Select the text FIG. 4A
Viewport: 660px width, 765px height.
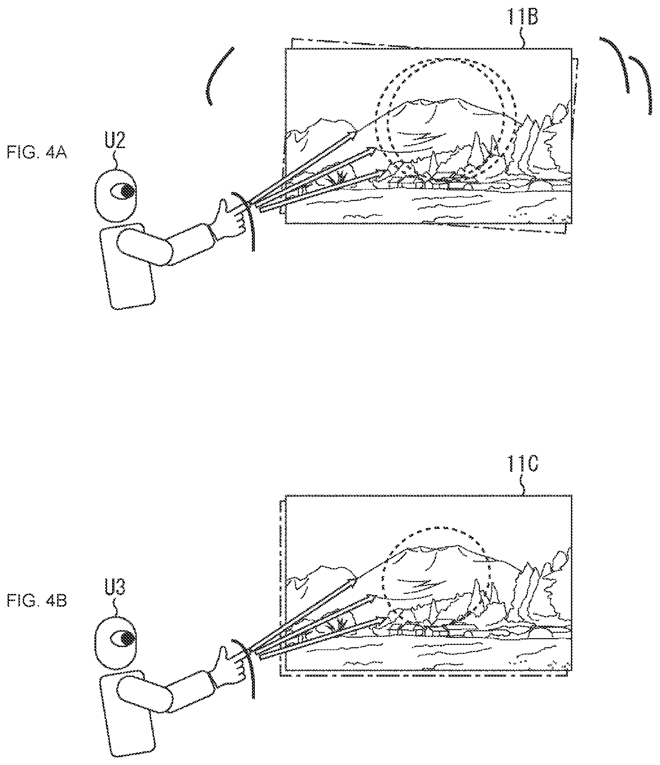click(37, 154)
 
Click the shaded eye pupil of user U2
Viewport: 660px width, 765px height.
click(128, 192)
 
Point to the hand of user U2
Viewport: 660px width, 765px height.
click(230, 219)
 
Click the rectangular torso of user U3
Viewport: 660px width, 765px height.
click(127, 714)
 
